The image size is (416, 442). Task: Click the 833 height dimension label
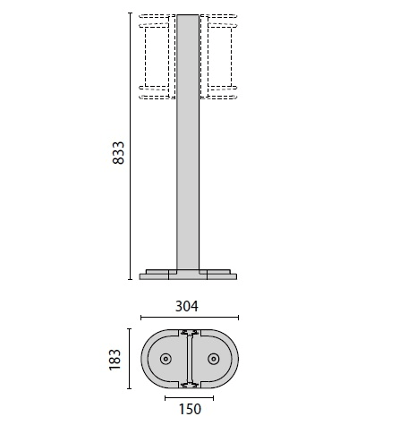pos(118,153)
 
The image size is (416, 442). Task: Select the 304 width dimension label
pos(187,306)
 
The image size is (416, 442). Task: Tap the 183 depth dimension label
pos(115,360)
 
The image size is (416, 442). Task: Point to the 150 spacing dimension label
pos(190,409)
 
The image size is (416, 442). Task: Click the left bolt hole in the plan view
pos(166,359)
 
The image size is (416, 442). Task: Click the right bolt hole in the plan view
pos(214,359)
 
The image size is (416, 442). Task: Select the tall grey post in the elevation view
pos(188,142)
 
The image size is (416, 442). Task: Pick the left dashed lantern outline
pos(157,56)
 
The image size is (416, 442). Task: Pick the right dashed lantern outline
pos(218,56)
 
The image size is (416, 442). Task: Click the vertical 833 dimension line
pos(130,146)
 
